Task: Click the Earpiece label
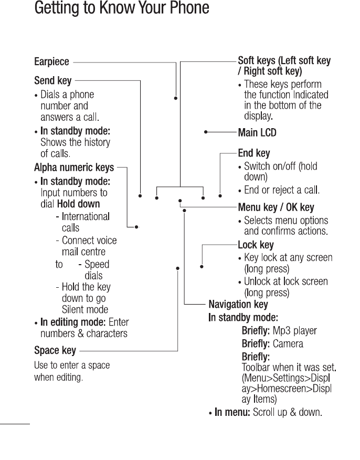[51, 62]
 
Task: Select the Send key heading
[52, 81]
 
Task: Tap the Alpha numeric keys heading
[74, 168]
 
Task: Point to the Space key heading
[55, 350]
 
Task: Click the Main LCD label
[257, 132]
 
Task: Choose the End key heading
[254, 154]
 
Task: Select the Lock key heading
[256, 245]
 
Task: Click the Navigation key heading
[238, 305]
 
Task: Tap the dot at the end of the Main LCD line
[206, 132]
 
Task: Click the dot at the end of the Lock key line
[202, 267]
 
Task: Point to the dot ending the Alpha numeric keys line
[136, 227]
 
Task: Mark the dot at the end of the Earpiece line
[176, 98]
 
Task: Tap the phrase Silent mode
[85, 310]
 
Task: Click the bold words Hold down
[78, 204]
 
